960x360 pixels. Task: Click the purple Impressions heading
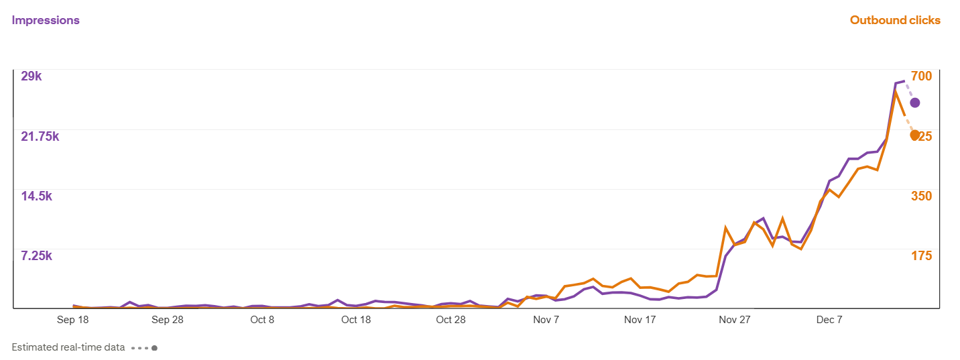[46, 20]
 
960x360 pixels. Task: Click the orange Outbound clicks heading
[895, 20]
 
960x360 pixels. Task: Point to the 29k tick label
[32, 76]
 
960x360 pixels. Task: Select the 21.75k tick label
[40, 136]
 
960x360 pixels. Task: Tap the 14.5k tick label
[37, 196]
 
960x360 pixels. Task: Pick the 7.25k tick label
[37, 256]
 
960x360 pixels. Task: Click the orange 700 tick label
[921, 76]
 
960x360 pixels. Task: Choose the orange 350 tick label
[921, 196]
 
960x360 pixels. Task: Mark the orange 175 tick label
[921, 256]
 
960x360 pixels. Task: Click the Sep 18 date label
[73, 320]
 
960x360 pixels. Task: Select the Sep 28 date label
[167, 320]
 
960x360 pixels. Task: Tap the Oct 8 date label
[262, 320]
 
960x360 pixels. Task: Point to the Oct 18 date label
[356, 320]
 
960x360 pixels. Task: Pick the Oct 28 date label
[451, 320]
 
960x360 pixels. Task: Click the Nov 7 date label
[546, 320]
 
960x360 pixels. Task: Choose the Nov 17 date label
[640, 320]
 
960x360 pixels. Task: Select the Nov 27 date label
[735, 320]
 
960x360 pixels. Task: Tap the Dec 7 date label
[829, 320]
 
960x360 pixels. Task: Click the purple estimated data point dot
[914, 103]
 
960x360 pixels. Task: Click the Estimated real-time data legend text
[68, 348]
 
